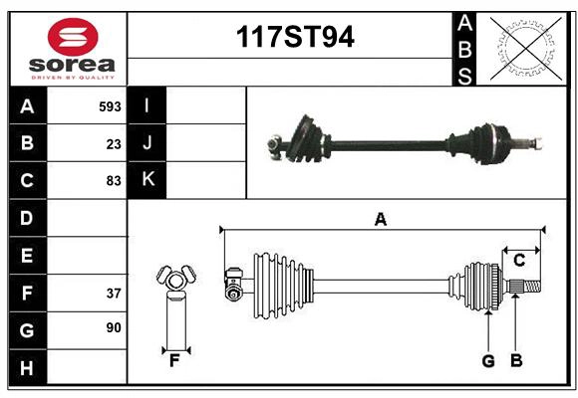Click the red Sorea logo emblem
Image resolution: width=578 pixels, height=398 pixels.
pos(73,38)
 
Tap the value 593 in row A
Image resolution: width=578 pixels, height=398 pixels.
pos(110,106)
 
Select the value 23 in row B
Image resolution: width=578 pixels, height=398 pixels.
pos(114,144)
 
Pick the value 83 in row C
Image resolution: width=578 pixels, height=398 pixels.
pos(114,181)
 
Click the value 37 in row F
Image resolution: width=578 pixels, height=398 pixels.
pos(114,294)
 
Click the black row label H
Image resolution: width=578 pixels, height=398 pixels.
pos(27,368)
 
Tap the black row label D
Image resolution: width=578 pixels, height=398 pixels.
pos(27,218)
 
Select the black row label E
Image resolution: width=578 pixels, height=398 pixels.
pos(27,256)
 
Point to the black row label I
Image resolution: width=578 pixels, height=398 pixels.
pos(147,106)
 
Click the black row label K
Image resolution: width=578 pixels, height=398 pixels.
pos(147,180)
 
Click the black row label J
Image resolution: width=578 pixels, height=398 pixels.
pos(147,143)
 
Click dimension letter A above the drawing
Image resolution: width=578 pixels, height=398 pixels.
pos(380,220)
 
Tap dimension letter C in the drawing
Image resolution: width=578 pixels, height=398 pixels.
pos(519,261)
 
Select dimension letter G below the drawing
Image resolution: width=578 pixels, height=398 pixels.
pos(488,361)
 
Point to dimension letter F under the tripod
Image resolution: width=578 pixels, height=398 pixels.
pos(173,361)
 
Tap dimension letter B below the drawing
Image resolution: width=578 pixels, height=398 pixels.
pos(516,361)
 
